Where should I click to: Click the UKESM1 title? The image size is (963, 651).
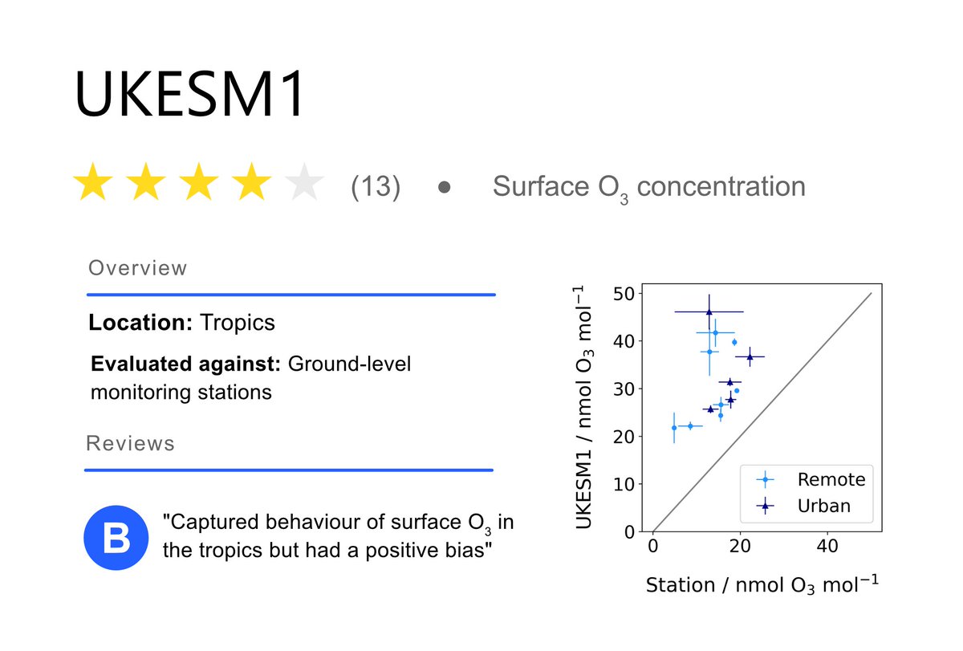click(190, 95)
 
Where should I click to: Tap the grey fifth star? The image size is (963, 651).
click(304, 184)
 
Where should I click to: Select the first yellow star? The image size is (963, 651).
click(93, 184)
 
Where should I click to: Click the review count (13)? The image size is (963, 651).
click(376, 186)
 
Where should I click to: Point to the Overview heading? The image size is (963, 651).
click(137, 268)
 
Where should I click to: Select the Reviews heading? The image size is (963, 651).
click(130, 443)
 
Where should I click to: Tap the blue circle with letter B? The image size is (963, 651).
click(117, 538)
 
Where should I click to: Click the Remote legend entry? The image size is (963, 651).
click(831, 480)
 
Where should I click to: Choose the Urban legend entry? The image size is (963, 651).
click(824, 507)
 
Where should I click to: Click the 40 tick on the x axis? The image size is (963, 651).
click(827, 546)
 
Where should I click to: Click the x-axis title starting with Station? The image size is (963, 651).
click(762, 584)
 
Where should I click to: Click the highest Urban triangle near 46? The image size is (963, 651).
click(709, 311)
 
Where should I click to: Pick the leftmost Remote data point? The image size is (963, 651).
click(674, 428)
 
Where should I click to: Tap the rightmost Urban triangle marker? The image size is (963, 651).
click(750, 356)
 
